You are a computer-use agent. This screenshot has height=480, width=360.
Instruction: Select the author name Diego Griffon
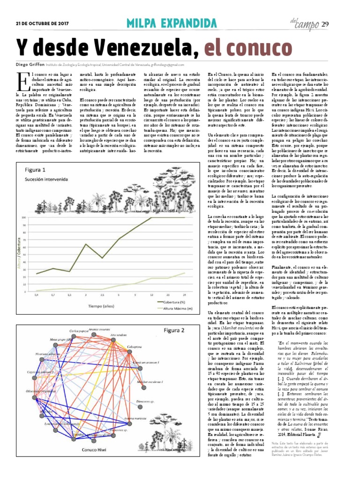(29, 65)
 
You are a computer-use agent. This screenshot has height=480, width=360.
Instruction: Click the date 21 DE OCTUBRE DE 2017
(42, 22)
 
